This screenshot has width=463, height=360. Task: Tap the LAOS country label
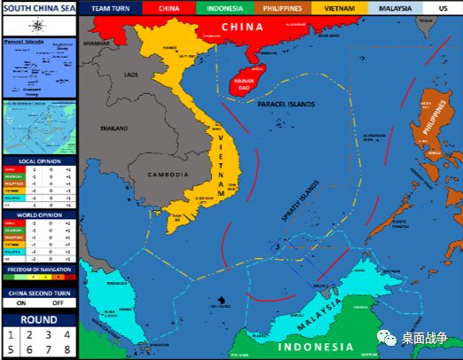tap(132, 74)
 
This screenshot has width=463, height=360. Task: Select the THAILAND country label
tap(114, 129)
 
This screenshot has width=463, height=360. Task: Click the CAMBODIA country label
tap(165, 174)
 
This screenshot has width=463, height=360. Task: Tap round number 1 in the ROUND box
tap(11, 334)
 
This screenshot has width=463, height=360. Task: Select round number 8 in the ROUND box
tap(67, 349)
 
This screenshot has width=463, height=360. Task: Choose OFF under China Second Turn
tap(58, 302)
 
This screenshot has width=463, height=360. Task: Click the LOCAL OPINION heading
tap(39, 161)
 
